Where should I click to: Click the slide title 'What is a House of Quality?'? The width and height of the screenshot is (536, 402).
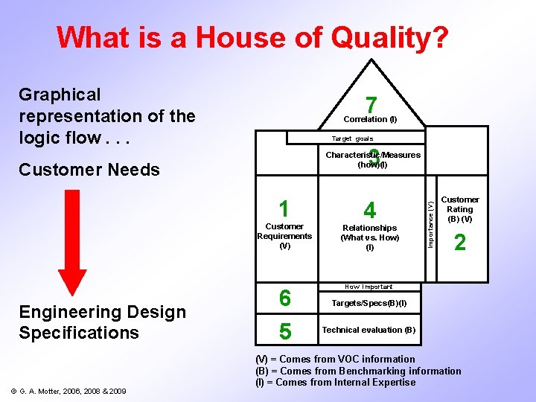252,36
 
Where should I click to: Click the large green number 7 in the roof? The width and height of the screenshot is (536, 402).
371,105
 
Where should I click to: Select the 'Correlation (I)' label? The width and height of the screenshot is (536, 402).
370,119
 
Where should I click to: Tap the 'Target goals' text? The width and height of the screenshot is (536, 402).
353,138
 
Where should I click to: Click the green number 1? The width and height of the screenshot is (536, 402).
283,208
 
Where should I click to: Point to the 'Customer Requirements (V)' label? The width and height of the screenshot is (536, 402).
284,236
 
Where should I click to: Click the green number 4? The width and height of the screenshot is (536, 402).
369,209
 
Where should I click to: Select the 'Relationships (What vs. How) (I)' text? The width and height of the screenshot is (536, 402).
370,237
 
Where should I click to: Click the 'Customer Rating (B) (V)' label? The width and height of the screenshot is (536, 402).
460,209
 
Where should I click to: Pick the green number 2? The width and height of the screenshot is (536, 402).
460,243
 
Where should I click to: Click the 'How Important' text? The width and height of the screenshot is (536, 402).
368,287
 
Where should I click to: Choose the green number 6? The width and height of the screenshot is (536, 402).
284,298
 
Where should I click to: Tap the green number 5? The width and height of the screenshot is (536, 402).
284,330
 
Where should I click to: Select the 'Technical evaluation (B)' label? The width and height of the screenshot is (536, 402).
368,330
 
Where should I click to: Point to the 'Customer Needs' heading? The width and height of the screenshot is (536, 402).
89,170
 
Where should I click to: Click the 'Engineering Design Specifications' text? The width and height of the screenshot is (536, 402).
102,322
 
